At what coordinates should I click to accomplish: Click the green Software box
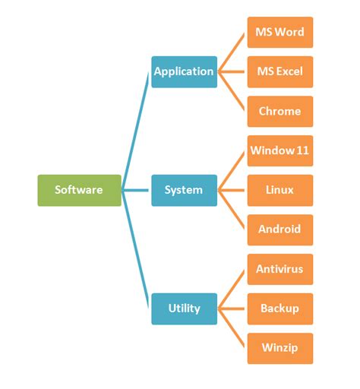79,190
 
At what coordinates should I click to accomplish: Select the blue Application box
184,71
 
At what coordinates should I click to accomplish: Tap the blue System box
184,190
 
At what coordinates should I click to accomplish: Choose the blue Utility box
184,308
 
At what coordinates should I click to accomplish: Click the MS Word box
279,32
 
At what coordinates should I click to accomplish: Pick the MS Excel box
279,71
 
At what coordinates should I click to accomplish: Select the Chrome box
279,111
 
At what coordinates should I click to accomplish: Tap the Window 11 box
279,150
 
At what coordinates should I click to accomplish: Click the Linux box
279,190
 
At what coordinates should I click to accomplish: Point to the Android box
279,229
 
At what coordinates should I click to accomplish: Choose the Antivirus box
279,269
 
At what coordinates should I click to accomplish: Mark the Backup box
279,308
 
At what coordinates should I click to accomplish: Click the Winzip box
279,348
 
